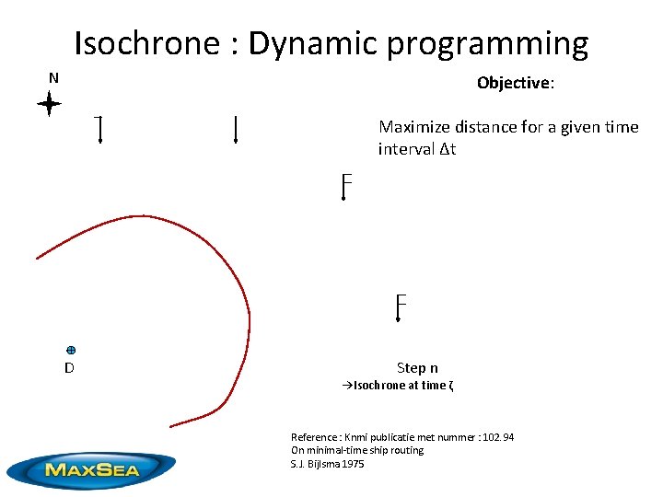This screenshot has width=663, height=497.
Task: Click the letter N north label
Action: tap(53, 78)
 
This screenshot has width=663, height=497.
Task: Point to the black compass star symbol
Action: tap(49, 105)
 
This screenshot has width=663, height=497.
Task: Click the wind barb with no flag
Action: tap(237, 130)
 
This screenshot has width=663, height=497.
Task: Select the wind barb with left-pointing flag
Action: tap(99, 131)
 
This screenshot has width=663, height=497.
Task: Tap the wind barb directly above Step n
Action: tap(399, 307)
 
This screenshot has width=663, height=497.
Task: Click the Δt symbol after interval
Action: tap(447, 149)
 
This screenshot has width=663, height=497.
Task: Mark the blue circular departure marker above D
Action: tap(71, 350)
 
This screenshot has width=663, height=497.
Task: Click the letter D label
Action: tap(69, 368)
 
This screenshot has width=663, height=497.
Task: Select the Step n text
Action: tap(417, 368)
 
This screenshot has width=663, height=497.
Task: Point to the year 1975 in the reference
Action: tap(351, 464)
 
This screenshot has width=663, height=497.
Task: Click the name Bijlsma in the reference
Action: tap(321, 464)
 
